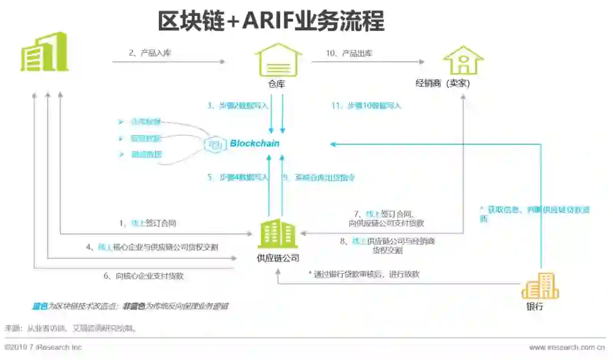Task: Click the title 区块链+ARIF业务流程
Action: tap(271, 22)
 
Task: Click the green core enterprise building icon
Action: tap(45, 52)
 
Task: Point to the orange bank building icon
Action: tap(540, 286)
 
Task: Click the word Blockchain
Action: tap(254, 144)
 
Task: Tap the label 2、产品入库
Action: tap(150, 53)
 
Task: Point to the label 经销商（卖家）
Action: tap(443, 83)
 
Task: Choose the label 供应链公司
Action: tap(277, 259)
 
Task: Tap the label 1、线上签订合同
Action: tap(152, 224)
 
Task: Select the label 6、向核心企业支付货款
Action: tap(143, 277)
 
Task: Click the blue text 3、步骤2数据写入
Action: tap(237, 106)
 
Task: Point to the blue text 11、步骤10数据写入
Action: tap(366, 106)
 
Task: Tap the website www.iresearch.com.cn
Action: tap(562, 347)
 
